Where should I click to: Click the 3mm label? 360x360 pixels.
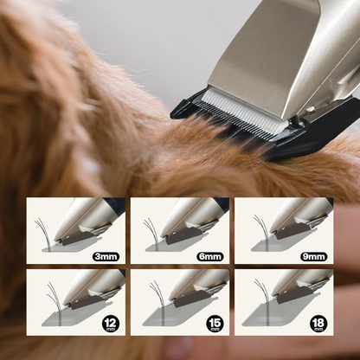pyautogui.click(x=106, y=256)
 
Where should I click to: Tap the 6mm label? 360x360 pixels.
pyautogui.click(x=210, y=256)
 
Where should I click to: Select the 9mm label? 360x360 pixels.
pyautogui.click(x=314, y=256)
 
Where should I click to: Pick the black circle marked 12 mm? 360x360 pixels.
pyautogui.click(x=111, y=324)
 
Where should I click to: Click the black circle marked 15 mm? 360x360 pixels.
pyautogui.click(x=215, y=324)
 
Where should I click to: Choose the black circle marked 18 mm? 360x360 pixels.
pyautogui.click(x=318, y=324)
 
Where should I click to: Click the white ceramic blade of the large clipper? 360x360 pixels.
pyautogui.click(x=244, y=111)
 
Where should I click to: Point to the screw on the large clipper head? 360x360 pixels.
pyautogui.click(x=310, y=110)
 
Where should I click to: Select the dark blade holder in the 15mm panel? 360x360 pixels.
pyautogui.click(x=192, y=299)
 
